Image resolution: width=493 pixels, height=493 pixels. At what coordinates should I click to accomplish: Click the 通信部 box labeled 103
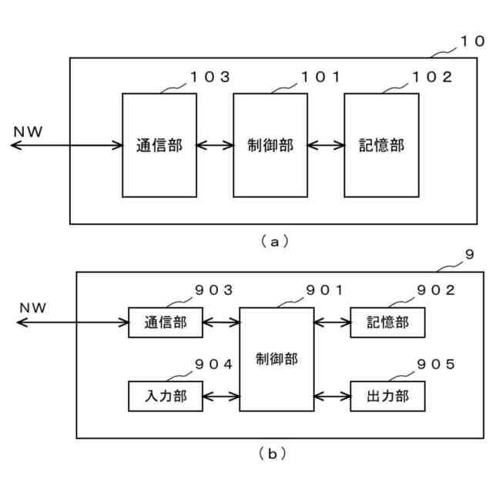click(159, 145)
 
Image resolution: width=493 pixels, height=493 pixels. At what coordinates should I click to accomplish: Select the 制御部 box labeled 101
click(270, 145)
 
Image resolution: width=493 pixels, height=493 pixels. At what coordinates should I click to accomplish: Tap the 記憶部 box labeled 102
click(381, 145)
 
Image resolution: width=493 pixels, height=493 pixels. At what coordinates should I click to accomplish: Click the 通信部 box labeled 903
click(165, 322)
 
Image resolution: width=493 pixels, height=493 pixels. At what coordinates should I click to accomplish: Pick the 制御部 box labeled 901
click(277, 359)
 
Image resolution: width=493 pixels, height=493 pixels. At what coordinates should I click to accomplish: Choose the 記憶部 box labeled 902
click(387, 322)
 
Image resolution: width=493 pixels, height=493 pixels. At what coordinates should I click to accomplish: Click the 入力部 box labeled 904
click(165, 396)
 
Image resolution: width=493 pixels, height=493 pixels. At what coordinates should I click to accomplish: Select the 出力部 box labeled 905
click(387, 396)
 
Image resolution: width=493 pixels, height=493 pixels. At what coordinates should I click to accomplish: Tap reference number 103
click(210, 77)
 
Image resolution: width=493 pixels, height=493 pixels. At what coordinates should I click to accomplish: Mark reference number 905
click(436, 364)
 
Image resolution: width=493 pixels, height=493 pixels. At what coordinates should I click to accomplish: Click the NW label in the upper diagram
click(29, 131)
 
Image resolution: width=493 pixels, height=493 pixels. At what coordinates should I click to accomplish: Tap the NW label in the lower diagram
click(33, 308)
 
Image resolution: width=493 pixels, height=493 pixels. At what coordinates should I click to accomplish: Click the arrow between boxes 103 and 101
click(215, 145)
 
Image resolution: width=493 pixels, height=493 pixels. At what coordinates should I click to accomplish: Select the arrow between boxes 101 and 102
click(326, 145)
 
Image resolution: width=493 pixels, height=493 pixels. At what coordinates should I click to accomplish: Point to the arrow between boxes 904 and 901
click(220, 396)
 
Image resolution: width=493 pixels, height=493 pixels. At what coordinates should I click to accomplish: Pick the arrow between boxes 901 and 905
click(332, 396)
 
